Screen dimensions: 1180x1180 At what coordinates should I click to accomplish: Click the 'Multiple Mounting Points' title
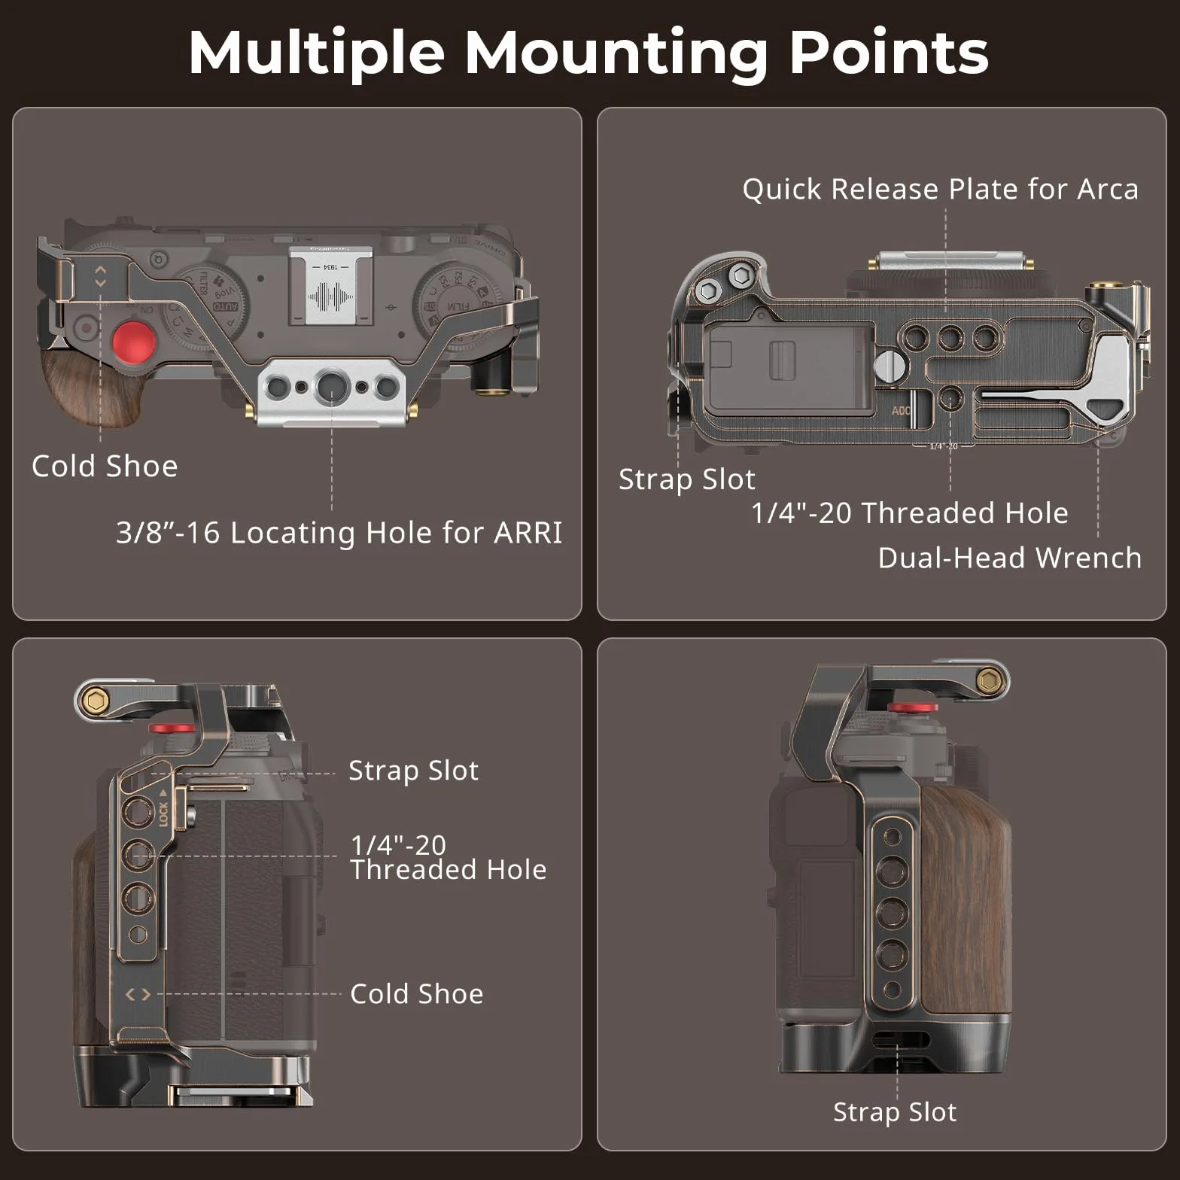click(588, 52)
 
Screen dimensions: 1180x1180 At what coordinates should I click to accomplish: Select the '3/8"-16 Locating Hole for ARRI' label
click(339, 532)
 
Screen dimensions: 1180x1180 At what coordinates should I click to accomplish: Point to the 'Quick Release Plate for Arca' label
click(941, 189)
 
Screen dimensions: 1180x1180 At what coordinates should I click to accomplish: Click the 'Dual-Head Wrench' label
click(1010, 558)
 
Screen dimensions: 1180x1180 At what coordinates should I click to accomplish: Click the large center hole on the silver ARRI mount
click(332, 387)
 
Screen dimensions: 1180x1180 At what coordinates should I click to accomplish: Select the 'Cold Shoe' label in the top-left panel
click(105, 466)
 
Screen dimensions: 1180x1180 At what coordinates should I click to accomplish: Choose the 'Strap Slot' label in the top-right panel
click(686, 479)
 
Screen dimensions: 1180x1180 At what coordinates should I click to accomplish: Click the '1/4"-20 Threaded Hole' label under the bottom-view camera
click(910, 512)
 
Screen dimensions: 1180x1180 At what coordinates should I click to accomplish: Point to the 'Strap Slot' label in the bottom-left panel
click(413, 770)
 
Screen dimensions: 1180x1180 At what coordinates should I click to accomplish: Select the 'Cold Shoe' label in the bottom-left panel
click(417, 993)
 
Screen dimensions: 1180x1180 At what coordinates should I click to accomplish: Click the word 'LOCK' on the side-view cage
click(163, 814)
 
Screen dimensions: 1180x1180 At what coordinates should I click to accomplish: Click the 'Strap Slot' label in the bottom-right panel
click(895, 1112)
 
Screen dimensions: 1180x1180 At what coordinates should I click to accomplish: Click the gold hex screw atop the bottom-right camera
click(987, 682)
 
